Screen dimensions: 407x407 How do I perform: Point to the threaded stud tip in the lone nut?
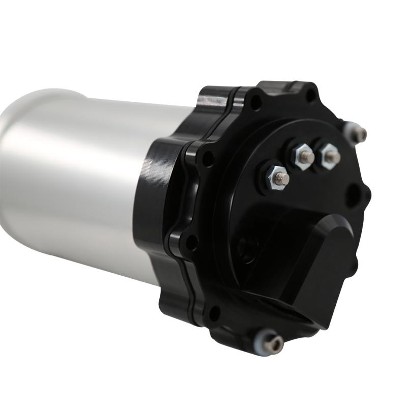(x=284, y=178)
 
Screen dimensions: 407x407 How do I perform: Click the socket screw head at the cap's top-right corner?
(x=360, y=134)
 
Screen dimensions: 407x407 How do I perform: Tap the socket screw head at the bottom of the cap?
(x=275, y=344)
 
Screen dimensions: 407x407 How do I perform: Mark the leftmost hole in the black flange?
(x=191, y=243)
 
